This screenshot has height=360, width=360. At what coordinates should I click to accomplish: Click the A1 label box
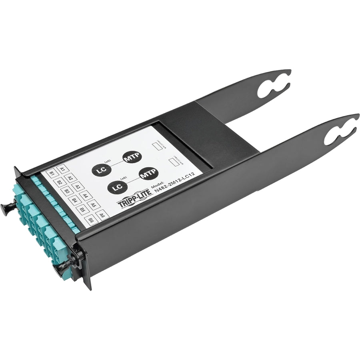tap(62, 169)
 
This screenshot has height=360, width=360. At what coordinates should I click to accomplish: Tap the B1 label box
tap(52, 174)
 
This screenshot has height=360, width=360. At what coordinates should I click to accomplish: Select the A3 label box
tap(78, 187)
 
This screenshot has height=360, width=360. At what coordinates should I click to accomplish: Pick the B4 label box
tap(74, 200)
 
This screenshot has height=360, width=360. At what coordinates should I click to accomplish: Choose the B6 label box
tap(91, 220)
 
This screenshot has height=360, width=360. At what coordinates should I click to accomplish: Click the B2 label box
tap(59, 183)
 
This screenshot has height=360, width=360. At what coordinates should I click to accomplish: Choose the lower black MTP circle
tap(149, 174)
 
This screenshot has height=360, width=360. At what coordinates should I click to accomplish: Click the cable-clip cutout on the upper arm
tap(272, 87)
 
